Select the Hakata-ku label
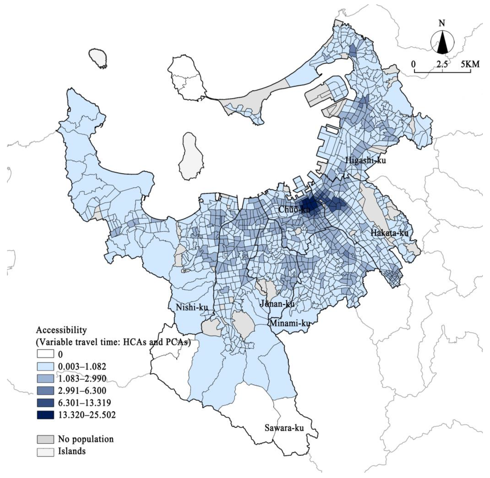(389, 233)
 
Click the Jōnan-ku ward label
(277, 304)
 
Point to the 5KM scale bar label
(470, 64)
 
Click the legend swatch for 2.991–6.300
(45, 391)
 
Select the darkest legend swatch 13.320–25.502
(45, 415)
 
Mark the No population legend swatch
(45, 439)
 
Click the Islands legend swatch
(45, 451)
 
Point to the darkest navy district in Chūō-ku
(309, 203)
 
